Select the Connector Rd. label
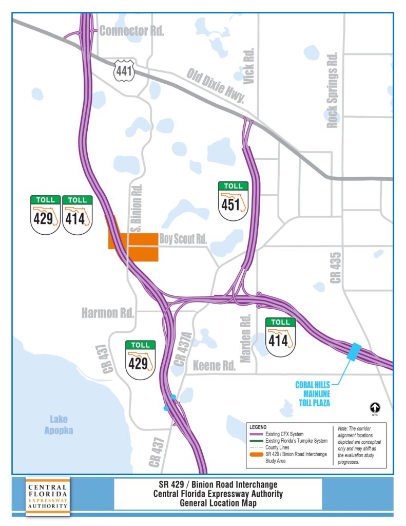click(131, 31)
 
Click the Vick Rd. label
click(249, 66)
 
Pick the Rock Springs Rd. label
click(333, 90)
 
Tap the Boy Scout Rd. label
click(183, 239)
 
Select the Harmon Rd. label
click(108, 312)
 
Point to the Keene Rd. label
click(214, 366)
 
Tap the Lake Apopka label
click(59, 425)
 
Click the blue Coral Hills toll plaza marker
click(353, 351)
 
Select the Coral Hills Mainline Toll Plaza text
click(313, 393)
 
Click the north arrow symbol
click(375, 408)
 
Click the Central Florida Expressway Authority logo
click(47, 496)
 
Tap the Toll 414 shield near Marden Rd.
click(281, 337)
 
